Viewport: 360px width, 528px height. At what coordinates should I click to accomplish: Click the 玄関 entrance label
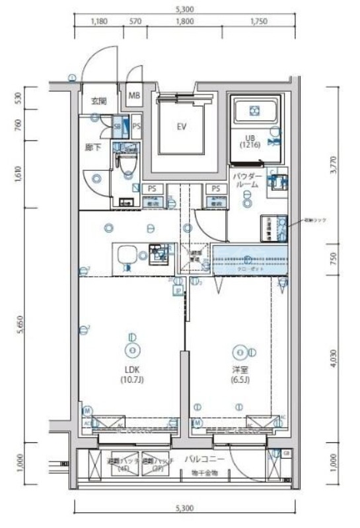click(98, 101)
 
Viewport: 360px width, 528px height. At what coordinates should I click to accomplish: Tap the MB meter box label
click(134, 96)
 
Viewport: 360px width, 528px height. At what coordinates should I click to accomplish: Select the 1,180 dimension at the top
click(98, 21)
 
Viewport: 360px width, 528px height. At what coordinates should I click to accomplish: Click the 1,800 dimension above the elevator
click(185, 21)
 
